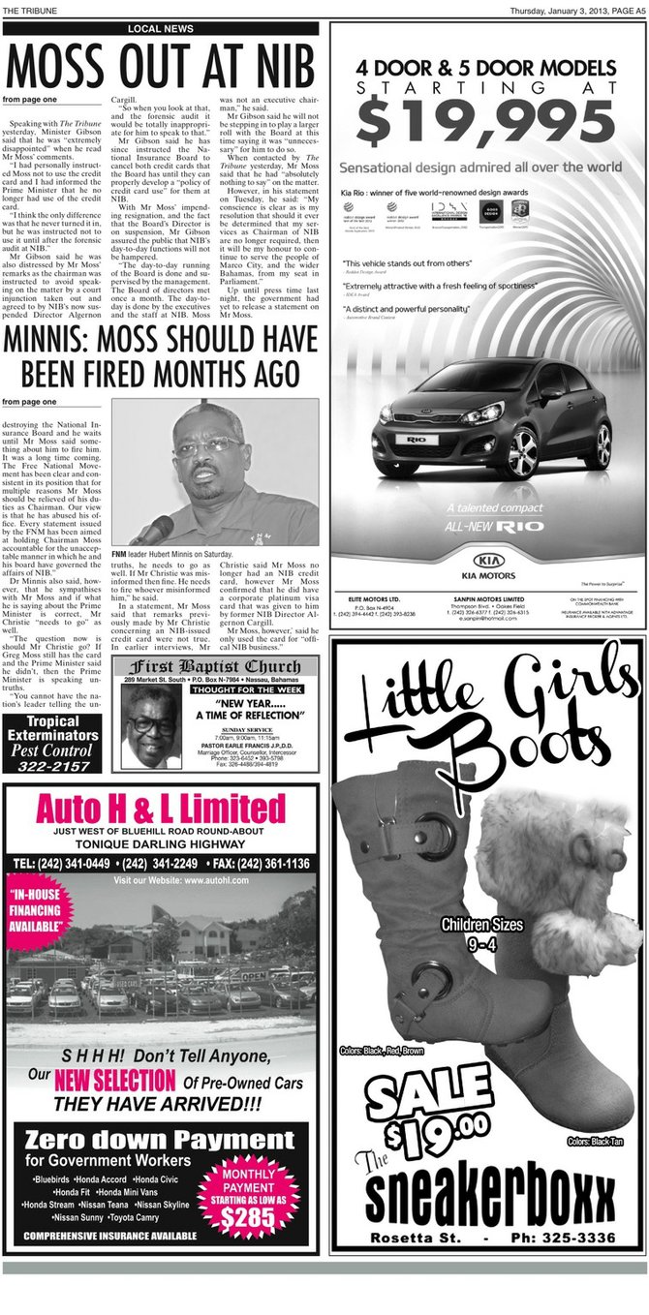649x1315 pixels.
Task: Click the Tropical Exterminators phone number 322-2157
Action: tap(52, 766)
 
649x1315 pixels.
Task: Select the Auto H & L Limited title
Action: tap(161, 808)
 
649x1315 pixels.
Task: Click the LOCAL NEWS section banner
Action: tap(160, 29)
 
